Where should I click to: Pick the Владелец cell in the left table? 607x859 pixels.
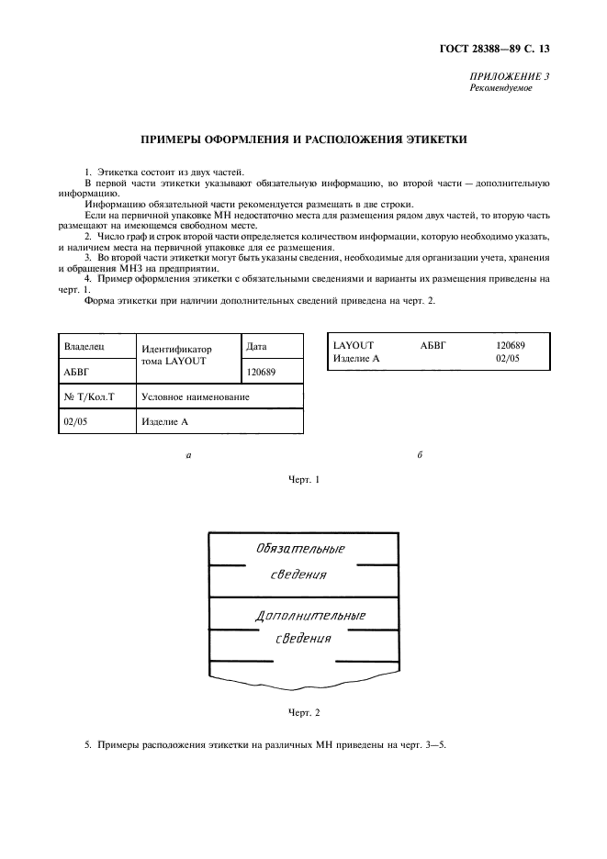coord(84,348)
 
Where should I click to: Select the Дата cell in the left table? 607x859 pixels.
coord(257,347)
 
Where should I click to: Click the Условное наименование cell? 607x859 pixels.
coord(195,397)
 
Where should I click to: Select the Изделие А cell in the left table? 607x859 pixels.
coord(165,422)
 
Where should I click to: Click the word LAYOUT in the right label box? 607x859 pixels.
coord(354,345)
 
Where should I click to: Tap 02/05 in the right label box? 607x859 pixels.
coord(507,358)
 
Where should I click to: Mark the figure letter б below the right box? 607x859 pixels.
coord(419,455)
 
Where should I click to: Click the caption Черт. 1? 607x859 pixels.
coord(303,479)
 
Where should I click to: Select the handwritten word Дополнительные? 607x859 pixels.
coord(309,615)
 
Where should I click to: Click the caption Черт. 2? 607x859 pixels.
coord(303,712)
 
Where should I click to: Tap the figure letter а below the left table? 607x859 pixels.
coord(188,455)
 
